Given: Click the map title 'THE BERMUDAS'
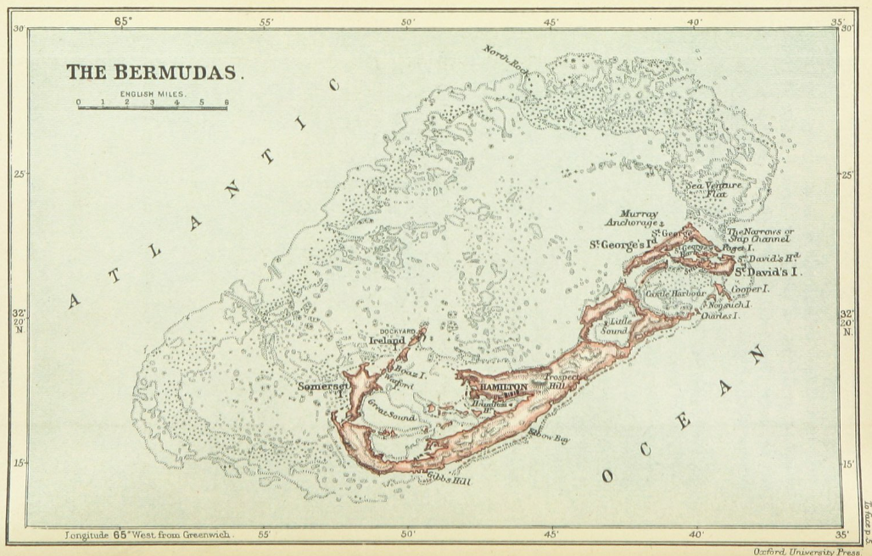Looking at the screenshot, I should tap(155, 73).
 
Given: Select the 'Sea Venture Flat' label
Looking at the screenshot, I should tap(714, 189).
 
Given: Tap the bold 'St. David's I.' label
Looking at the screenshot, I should tap(768, 272).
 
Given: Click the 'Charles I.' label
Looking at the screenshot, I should tap(719, 315).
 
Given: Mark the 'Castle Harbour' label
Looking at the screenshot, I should tap(671, 293).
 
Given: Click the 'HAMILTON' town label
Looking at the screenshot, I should tap(504, 387).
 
